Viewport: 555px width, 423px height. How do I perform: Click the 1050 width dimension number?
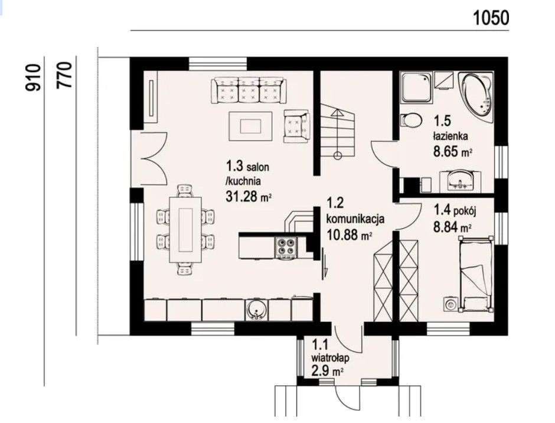point(491,18)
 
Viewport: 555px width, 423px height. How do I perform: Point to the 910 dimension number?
point(32,77)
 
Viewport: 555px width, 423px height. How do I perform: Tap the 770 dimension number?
point(64,75)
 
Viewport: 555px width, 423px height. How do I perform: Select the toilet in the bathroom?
point(410,120)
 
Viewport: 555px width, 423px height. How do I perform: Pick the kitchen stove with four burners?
point(286,247)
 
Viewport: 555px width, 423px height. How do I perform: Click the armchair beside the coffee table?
point(296,126)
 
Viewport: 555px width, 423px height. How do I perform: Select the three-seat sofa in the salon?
point(249,91)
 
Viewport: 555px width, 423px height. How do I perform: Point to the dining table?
point(185,230)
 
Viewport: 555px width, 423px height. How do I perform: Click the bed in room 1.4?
point(476,274)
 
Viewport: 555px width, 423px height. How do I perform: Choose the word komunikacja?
point(355,219)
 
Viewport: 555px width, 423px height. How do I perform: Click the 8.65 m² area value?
point(453,152)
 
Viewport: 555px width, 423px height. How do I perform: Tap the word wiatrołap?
point(330,358)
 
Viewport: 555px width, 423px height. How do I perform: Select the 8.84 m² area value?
point(452,226)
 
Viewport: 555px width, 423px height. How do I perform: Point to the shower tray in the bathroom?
point(416,87)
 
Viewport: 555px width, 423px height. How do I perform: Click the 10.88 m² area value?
point(348,235)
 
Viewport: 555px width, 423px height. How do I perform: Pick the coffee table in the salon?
point(250,126)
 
